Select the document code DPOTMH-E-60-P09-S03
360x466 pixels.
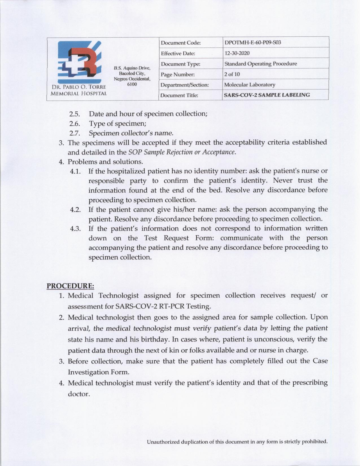(252, 43)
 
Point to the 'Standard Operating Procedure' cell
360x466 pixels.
(260, 64)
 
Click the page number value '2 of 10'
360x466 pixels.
(232, 74)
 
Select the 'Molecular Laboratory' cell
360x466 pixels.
(250, 85)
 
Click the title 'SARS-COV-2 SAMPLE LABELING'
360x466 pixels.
(267, 95)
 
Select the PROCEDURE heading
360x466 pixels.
(70, 286)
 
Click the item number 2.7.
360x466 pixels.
(75, 133)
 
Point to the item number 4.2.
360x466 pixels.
(76, 210)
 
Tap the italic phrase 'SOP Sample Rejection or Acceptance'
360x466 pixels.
(182, 152)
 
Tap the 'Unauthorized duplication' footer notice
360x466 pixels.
(237, 442)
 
